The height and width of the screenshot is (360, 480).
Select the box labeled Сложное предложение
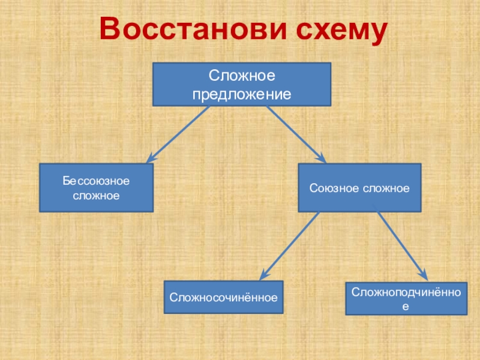pos(241,84)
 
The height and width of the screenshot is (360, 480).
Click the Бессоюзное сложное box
pos(96,188)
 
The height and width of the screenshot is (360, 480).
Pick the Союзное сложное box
pos(359,188)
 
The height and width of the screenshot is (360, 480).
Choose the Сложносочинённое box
pos(223,297)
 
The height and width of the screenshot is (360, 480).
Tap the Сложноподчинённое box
pos(406,298)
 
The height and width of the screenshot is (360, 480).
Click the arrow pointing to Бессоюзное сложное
pos(178,134)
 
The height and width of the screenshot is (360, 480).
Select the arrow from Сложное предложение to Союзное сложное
pos(295,134)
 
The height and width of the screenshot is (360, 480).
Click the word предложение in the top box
pos(241,94)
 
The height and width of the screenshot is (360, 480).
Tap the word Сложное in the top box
pos(241,76)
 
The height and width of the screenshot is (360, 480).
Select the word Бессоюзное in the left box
pos(97,181)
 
